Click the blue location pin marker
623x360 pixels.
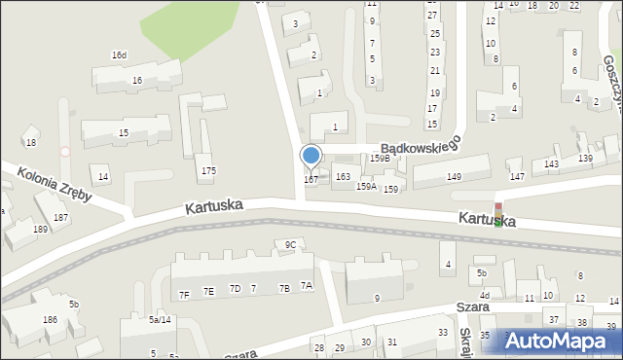tap(311, 156)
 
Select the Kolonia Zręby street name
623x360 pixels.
tap(55, 184)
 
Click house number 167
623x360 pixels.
tap(311, 180)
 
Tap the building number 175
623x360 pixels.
tap(208, 171)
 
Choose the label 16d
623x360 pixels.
tap(119, 55)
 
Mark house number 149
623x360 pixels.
tap(454, 176)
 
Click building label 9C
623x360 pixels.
tap(290, 244)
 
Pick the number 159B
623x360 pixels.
tap(380, 158)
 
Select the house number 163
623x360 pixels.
tap(343, 177)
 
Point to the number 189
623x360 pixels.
tap(40, 230)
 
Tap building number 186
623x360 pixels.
tap(49, 320)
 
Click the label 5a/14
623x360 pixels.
tap(160, 319)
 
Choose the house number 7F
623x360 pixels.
tap(184, 294)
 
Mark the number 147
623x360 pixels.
tap(517, 176)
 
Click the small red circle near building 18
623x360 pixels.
tap(65, 151)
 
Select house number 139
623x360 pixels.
tap(585, 158)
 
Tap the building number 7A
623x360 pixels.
tap(307, 286)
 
